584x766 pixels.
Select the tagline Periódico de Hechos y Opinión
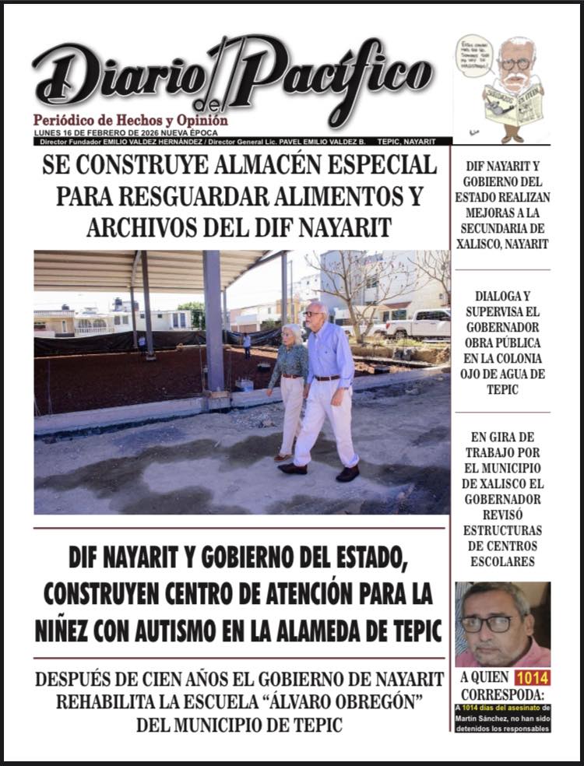coord(131,121)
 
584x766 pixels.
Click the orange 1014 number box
coord(532,676)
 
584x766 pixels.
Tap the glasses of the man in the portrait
coord(488,624)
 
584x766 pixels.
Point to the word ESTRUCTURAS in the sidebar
coord(502,531)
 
